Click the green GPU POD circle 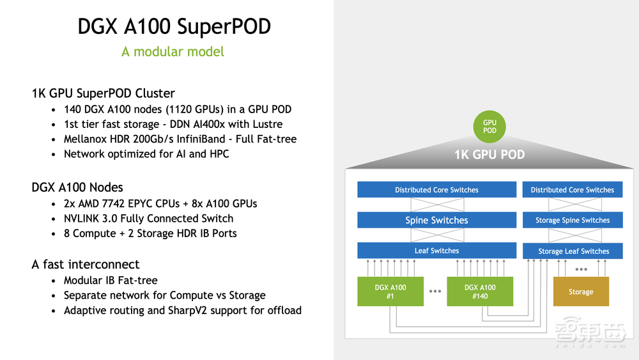(489, 126)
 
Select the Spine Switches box (436, 220)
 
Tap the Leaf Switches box (436, 251)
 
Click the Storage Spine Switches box (573, 220)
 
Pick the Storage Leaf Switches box (573, 251)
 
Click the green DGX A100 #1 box (390, 292)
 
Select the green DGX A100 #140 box (480, 292)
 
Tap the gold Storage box (581, 292)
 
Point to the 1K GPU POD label (489, 155)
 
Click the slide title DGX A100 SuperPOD (174, 26)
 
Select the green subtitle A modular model (173, 51)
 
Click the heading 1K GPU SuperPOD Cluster (104, 93)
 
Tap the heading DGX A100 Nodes (77, 187)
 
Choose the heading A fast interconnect (86, 264)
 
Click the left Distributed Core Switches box (436, 190)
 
